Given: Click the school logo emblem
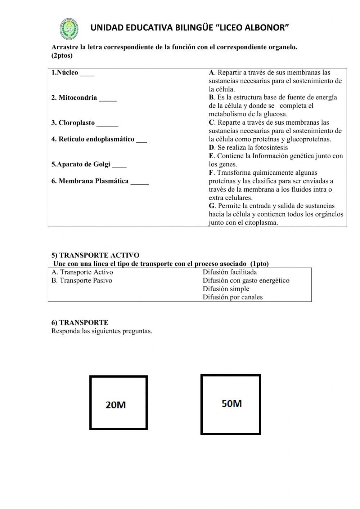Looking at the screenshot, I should [68, 29].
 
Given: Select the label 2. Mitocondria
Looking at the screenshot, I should [74, 98].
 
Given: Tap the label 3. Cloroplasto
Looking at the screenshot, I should [73, 123].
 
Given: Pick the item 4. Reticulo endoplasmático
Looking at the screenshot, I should [93, 139].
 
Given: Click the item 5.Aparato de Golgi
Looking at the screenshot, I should [81, 165].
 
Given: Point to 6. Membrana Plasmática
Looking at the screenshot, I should [90, 181].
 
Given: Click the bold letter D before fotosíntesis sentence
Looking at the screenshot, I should [211, 148].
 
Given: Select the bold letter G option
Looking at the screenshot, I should [212, 206].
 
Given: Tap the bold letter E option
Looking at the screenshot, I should [211, 156].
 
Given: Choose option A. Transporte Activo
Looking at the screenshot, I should [82, 272].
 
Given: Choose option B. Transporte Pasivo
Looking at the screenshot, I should [82, 281].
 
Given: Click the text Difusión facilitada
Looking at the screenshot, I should [230, 272].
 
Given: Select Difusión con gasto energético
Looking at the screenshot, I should [246, 281].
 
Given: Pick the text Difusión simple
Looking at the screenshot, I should [226, 289].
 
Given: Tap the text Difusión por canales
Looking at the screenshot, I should [233, 298].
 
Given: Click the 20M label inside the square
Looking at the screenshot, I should [116, 405].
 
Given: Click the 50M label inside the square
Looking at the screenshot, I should [231, 403].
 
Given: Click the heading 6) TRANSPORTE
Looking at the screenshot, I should [80, 323].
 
